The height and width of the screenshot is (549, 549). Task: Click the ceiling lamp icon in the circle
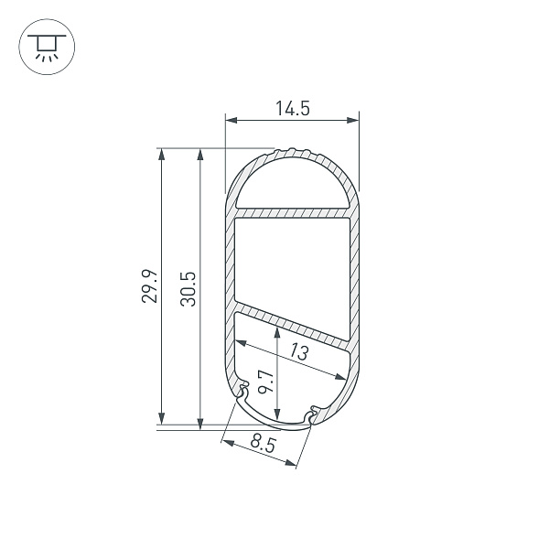(x=44, y=45)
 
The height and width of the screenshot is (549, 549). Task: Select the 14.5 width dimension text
(x=292, y=108)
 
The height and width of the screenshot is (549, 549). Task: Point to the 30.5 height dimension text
(x=188, y=287)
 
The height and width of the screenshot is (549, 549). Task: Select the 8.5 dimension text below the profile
(x=263, y=446)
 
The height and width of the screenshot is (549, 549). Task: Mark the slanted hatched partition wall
(x=293, y=321)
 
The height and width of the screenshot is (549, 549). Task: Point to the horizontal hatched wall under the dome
(x=292, y=213)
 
